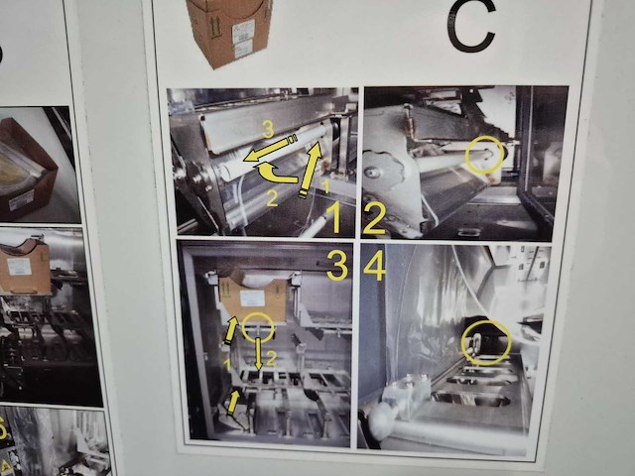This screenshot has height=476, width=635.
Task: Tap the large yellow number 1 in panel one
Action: pyautogui.click(x=335, y=217)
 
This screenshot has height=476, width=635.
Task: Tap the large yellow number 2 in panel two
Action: pyautogui.click(x=375, y=217)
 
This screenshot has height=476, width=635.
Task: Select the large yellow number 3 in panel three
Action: pyautogui.click(x=336, y=265)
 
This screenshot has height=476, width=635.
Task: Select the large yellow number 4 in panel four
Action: pyautogui.click(x=372, y=265)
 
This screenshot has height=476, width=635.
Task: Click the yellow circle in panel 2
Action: pyautogui.click(x=482, y=155)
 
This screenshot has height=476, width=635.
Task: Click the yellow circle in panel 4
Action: pyautogui.click(x=486, y=341)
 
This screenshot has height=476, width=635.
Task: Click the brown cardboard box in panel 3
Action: pyautogui.click(x=254, y=297)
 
